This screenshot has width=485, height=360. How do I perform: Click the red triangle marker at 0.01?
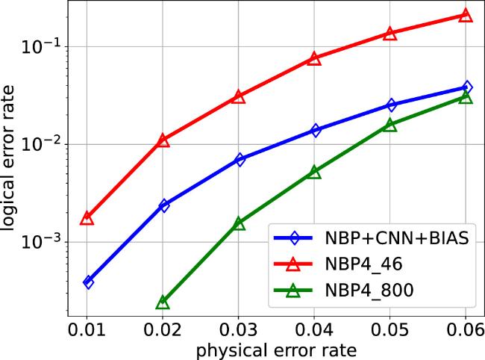click(87, 218)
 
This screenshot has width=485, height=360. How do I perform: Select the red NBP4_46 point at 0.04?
click(314, 58)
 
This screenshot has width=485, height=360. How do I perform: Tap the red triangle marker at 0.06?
click(465, 15)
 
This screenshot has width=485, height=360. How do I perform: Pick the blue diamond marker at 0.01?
click(88, 282)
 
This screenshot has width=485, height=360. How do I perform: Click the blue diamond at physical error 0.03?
click(239, 159)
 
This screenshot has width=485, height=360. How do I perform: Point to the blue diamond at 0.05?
click(389, 105)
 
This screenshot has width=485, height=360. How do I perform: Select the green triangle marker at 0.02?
click(163, 302)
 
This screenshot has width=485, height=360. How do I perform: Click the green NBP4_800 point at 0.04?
click(314, 172)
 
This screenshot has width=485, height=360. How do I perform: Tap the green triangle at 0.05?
click(389, 125)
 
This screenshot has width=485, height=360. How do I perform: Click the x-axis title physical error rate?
click(276, 350)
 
